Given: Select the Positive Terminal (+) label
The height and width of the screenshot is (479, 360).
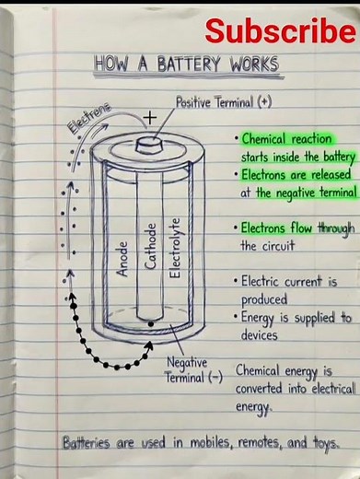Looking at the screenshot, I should point(224,103).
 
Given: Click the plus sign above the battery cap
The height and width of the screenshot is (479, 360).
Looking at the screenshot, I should point(149,118).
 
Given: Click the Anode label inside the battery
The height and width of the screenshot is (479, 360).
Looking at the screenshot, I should point(122,258).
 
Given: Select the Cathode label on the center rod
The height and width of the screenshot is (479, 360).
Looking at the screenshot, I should point(151,246).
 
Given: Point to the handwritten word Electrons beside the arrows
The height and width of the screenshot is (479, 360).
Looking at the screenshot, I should point(89,120).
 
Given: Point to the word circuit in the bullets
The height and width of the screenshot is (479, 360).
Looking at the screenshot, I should point(273,246).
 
